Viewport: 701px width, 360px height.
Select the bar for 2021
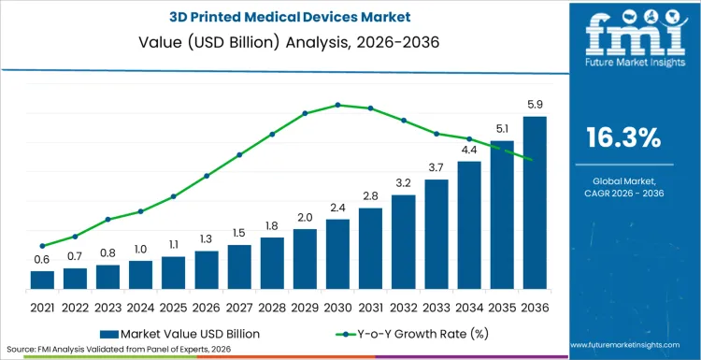(42, 280)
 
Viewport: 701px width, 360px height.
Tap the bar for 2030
(337, 253)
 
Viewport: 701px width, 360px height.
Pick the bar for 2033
(436, 234)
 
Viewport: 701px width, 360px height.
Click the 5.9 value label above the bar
(535, 105)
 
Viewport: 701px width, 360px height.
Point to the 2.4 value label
(337, 208)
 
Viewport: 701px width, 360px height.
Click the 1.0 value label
(140, 249)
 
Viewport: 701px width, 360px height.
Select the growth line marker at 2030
(337, 105)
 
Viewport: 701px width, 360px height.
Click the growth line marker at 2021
(42, 246)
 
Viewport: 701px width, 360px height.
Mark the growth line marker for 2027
(239, 155)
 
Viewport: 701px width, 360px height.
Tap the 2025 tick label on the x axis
(173, 307)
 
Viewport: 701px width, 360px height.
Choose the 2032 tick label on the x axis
(403, 307)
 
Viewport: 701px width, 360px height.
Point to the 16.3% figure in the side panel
(623, 137)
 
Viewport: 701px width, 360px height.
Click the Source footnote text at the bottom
(117, 349)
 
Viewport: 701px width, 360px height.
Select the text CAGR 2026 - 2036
(623, 192)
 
